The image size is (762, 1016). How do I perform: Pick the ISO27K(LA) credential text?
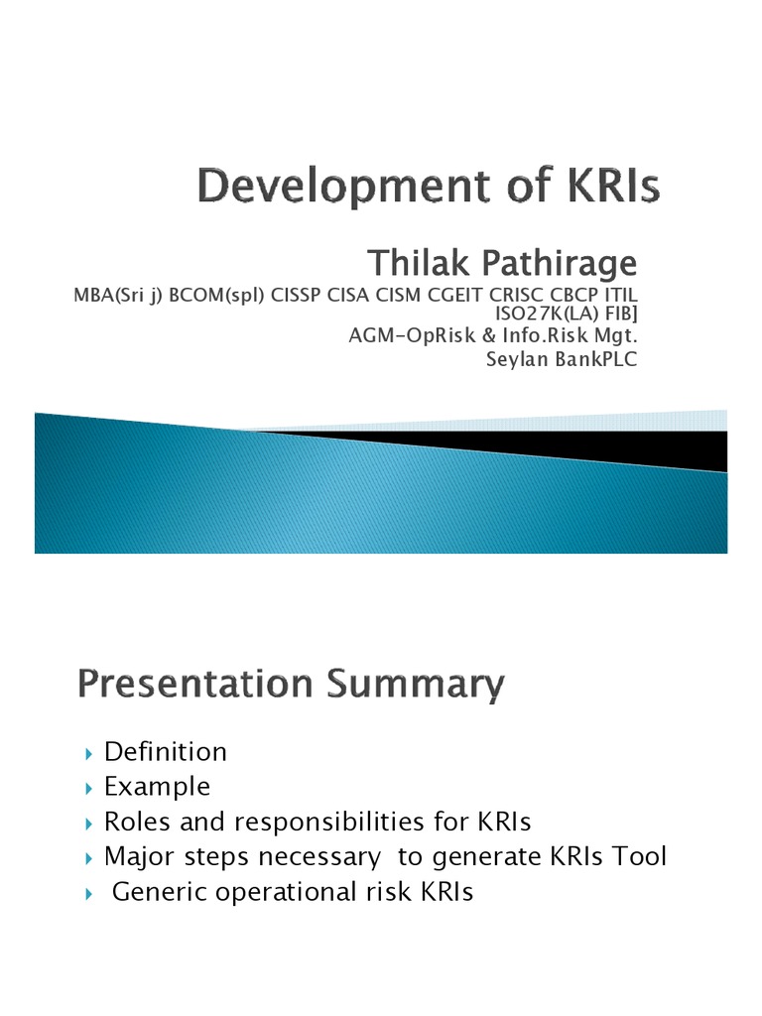click(x=547, y=314)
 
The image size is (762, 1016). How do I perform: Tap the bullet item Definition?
click(x=166, y=752)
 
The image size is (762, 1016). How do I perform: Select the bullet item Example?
click(x=158, y=787)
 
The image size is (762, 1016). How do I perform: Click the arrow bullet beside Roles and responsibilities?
click(x=90, y=823)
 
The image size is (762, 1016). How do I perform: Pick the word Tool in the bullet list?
click(x=641, y=856)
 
